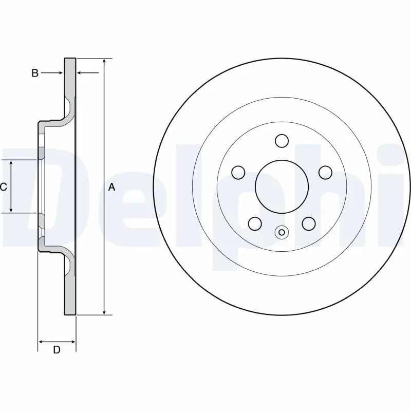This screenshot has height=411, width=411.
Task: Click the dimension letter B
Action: pyautogui.click(x=35, y=73)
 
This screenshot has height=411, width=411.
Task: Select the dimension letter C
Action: pyautogui.click(x=4, y=187)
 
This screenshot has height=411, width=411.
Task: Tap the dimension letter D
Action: pyautogui.click(x=57, y=350)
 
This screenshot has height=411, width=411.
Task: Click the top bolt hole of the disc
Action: pyautogui.click(x=282, y=140)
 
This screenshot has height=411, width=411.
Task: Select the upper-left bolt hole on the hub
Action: pyautogui.click(x=238, y=172)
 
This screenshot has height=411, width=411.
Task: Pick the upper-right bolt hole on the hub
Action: pyautogui.click(x=325, y=172)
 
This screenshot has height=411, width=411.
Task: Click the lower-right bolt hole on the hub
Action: pyautogui.click(x=308, y=223)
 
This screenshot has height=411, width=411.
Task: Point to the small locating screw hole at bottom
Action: pyautogui.click(x=281, y=232)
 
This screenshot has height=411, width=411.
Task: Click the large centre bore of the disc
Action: pyautogui.click(x=282, y=186)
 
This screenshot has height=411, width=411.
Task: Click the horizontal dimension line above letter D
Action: pyautogui.click(x=57, y=341)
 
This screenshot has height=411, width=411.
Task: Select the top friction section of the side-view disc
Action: pyautogui.click(x=70, y=77)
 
